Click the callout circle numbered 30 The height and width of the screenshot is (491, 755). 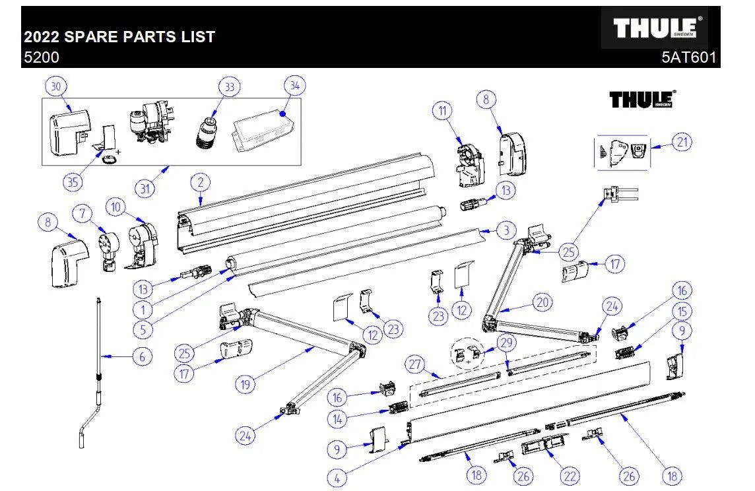coord(56,86)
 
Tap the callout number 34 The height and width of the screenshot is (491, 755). coord(295,86)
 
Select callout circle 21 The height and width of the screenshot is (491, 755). coord(682,141)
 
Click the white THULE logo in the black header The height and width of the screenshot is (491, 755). coord(657,28)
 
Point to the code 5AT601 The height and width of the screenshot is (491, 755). coord(688,57)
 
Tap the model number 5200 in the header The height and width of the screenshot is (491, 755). coord(41,57)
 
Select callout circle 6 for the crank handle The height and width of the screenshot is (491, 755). coord(141,357)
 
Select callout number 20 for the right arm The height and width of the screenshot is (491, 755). coord(542,302)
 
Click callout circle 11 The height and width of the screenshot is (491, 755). coord(442,111)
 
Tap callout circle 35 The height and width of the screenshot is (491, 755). coord(73,182)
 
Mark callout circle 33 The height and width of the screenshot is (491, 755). coord(229,86)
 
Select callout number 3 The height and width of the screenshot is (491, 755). coord(505,230)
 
